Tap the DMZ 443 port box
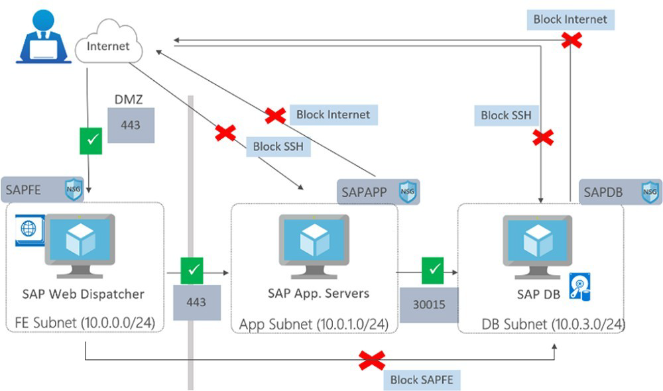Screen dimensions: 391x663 pos(131,125)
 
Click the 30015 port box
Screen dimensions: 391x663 pos(428,305)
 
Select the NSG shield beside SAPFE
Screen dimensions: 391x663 pos(74,190)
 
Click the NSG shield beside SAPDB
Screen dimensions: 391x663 pos(650,192)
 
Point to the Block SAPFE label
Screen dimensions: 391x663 pos(421,380)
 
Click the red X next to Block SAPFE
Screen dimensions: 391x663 pos(372,361)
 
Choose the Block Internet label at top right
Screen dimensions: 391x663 pos(570,19)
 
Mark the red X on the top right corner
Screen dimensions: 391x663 pos(572,40)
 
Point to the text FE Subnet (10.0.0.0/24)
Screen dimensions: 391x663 pos(85,323)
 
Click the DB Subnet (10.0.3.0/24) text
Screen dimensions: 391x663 pos(554,324)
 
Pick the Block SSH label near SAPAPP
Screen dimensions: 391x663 pos(278,146)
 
